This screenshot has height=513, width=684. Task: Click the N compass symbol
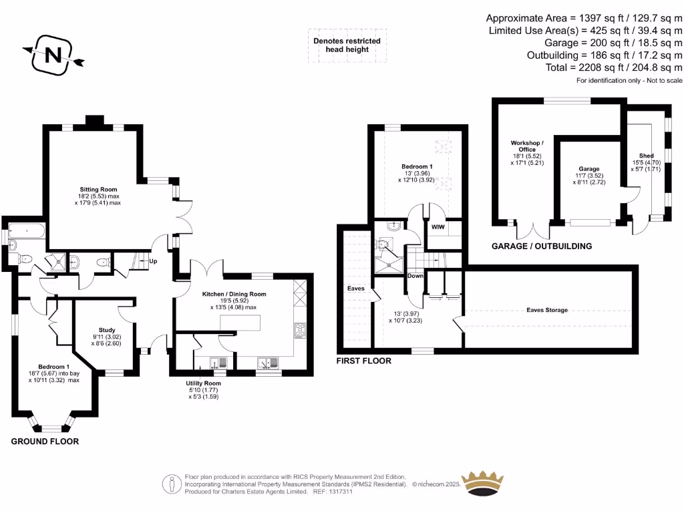[53, 55]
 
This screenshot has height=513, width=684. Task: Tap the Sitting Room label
[98, 189]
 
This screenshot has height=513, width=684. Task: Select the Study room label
[107, 330]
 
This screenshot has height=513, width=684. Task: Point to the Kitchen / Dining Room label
[234, 294]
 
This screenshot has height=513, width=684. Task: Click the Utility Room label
[203, 383]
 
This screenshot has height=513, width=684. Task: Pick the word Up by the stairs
[153, 261]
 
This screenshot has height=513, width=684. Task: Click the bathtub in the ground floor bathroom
[27, 230]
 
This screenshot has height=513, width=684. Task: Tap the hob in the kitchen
[300, 330]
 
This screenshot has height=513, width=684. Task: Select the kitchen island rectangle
[240, 323]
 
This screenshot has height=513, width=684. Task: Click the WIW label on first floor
[438, 227]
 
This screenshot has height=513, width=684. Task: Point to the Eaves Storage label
[547, 310]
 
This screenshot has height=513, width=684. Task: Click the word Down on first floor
[415, 276]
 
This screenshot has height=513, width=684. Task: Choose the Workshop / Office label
[527, 146]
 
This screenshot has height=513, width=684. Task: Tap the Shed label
[647, 156]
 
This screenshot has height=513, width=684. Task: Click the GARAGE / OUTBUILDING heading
[542, 246]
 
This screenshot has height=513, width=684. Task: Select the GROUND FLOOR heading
[45, 442]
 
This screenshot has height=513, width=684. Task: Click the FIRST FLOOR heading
[364, 361]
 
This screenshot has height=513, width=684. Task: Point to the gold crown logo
[482, 484]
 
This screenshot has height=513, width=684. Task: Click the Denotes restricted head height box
[347, 45]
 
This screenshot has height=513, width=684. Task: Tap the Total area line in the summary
[614, 67]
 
